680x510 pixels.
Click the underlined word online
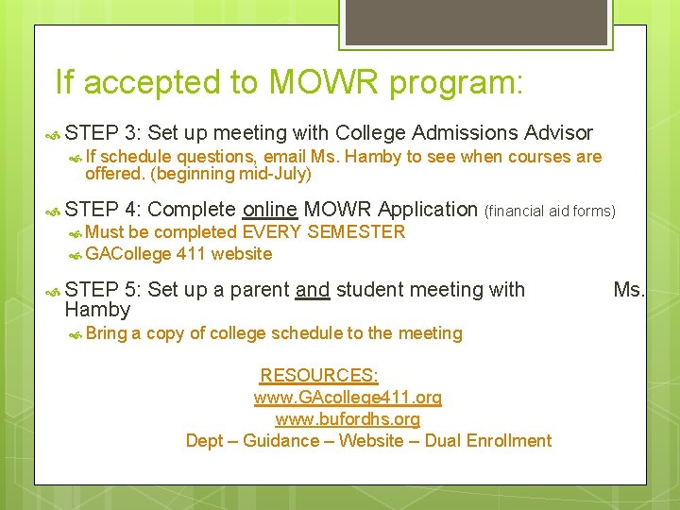coord(271,209)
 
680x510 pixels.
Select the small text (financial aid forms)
coord(549,211)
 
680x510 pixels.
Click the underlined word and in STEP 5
coord(313,290)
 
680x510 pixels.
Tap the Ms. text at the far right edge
coord(628,290)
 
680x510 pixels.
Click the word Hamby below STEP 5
coord(97,310)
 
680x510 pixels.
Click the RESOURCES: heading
coord(319,376)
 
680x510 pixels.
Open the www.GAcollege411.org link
coord(348,398)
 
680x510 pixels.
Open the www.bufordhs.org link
coord(348,418)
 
